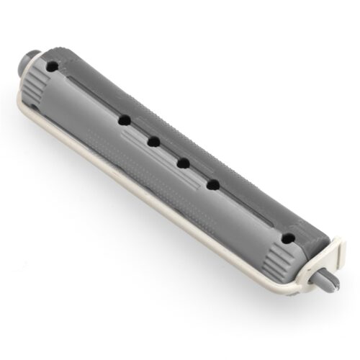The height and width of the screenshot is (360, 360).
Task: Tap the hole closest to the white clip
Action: (288, 237)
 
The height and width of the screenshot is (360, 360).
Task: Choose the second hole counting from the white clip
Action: (214, 185)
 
